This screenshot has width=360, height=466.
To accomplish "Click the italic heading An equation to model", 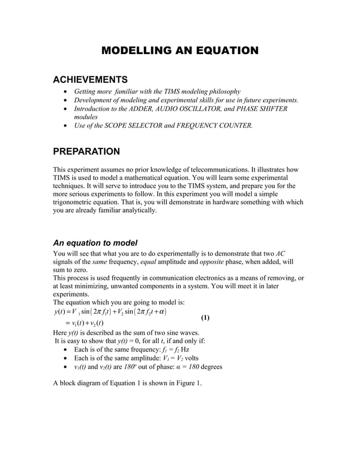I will (95, 243).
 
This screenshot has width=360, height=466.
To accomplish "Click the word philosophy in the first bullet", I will (222, 91).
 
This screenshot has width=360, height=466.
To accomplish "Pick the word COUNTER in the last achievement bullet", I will (234, 125).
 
